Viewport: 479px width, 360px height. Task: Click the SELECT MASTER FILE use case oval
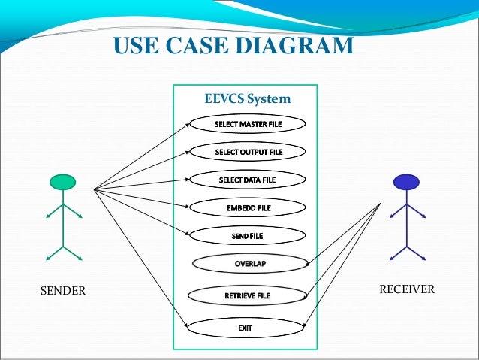point(247,123)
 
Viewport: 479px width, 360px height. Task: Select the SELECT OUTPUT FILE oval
point(247,152)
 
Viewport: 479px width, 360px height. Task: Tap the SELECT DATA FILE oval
point(247,180)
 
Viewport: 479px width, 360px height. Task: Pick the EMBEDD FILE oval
point(248,207)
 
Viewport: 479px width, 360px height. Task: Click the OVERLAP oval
point(250,264)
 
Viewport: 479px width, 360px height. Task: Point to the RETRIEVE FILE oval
point(247,295)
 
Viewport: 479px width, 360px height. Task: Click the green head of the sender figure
point(63,182)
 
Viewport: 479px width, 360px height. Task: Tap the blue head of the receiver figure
point(406,181)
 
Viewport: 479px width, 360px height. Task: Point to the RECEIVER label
point(405,289)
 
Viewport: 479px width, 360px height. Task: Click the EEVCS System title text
point(247,98)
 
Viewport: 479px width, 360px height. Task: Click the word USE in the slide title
point(135,46)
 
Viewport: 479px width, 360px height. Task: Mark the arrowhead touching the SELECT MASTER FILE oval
point(188,124)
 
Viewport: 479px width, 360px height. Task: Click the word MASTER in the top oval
point(247,123)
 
